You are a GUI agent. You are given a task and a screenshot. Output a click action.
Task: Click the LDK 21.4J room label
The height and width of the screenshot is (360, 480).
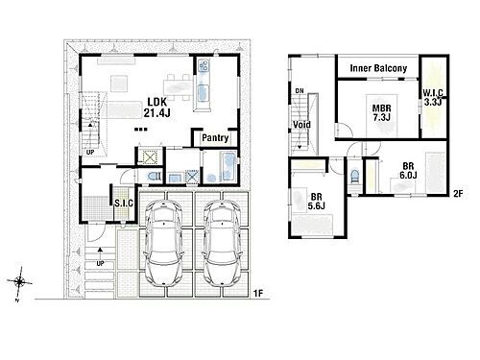(156, 108)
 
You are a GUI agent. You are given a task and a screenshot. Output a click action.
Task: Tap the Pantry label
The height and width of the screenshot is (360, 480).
(215, 138)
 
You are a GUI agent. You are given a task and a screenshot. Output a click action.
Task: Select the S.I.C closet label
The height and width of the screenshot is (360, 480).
(124, 204)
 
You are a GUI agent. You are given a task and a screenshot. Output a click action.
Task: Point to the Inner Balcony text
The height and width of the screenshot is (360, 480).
(378, 68)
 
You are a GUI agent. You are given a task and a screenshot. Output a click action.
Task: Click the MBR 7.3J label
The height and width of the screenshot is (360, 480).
(381, 112)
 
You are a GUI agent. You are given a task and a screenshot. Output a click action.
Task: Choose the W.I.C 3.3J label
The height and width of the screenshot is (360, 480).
(433, 98)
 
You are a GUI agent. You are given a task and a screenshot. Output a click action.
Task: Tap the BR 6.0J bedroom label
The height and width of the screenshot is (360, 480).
(408, 171)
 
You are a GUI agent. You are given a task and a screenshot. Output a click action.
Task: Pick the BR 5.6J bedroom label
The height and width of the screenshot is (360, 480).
(316, 202)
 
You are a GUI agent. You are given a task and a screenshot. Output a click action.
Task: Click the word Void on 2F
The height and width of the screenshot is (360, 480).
(301, 124)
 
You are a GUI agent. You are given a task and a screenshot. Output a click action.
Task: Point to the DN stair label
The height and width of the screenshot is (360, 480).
(300, 91)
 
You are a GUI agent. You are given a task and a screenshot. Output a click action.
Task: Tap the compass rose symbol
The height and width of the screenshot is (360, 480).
(20, 282)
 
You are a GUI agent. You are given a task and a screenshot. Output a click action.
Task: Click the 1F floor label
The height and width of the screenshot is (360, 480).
(258, 293)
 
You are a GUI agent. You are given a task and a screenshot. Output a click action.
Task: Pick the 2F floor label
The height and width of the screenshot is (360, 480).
(458, 193)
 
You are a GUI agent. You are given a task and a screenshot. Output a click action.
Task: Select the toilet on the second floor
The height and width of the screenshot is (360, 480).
(354, 177)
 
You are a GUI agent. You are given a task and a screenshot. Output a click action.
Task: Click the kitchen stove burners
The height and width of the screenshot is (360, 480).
(204, 66)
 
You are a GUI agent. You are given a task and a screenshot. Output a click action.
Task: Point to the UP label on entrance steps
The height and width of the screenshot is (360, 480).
(100, 264)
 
